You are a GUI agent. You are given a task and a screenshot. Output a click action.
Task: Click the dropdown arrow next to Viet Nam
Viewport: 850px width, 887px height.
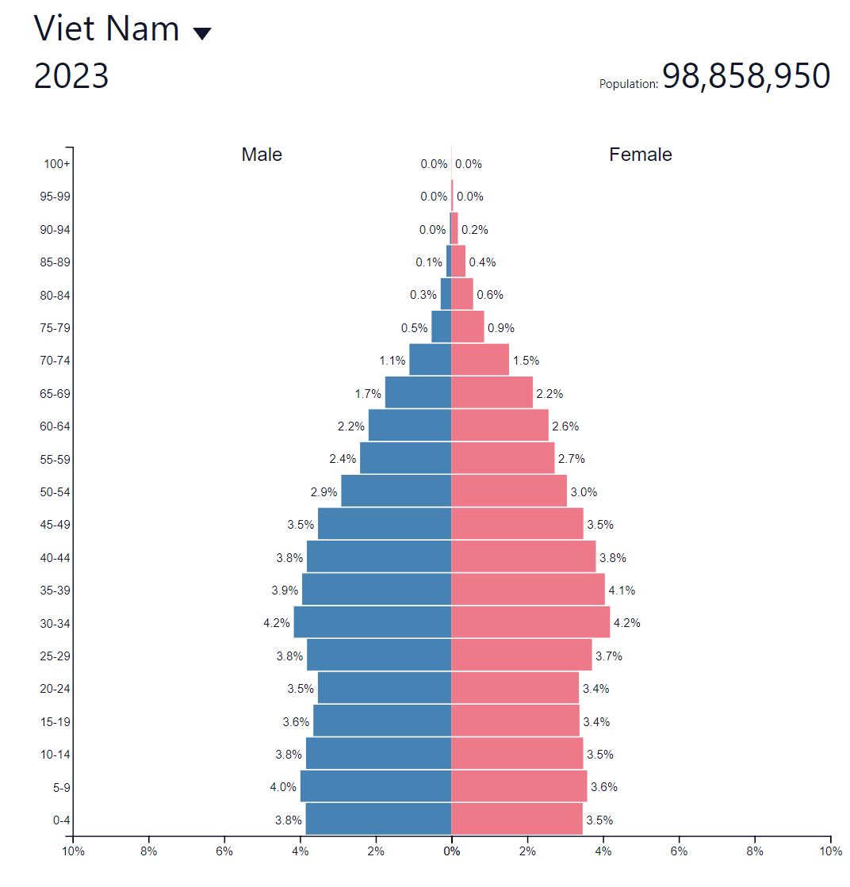[x=202, y=33]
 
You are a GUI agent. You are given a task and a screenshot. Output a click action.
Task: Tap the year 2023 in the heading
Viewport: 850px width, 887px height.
[x=71, y=76]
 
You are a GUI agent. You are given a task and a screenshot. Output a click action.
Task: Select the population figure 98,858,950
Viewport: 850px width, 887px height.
[x=745, y=76]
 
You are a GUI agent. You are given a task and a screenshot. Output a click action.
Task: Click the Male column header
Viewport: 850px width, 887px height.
[x=262, y=155]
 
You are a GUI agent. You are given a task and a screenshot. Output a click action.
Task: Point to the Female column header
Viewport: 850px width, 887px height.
[x=640, y=155]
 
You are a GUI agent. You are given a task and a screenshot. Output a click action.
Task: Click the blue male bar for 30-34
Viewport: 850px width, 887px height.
[x=372, y=622]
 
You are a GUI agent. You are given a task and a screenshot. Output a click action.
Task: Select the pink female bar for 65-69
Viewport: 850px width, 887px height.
[x=492, y=392]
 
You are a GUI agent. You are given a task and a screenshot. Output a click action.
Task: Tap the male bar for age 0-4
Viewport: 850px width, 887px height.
[x=378, y=819]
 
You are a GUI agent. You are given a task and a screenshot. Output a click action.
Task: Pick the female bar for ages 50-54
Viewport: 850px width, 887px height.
[x=509, y=491]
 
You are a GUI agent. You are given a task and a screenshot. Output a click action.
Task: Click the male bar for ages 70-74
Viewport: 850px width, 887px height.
[x=430, y=360]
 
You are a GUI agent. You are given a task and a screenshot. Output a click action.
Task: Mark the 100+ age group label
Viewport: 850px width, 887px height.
[x=57, y=164]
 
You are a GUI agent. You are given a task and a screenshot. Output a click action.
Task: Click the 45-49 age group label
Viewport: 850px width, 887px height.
[x=56, y=524]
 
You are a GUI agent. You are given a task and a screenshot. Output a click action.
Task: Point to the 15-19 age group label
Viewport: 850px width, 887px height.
[x=56, y=721]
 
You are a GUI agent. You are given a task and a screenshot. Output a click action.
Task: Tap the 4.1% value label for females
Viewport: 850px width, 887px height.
[x=622, y=590]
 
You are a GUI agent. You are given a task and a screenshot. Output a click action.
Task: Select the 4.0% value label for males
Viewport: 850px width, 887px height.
[x=283, y=787]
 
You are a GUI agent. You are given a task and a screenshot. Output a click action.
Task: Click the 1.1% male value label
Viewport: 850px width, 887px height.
[x=392, y=360]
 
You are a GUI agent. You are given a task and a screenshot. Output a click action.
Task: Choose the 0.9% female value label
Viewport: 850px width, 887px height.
[x=501, y=327]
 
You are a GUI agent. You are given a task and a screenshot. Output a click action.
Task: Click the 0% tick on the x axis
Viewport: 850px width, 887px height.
[x=451, y=851]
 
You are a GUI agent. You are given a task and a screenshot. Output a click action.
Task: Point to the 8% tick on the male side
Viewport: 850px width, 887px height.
[x=148, y=851]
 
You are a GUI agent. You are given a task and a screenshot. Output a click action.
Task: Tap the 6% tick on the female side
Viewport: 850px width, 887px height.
[x=679, y=851]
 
